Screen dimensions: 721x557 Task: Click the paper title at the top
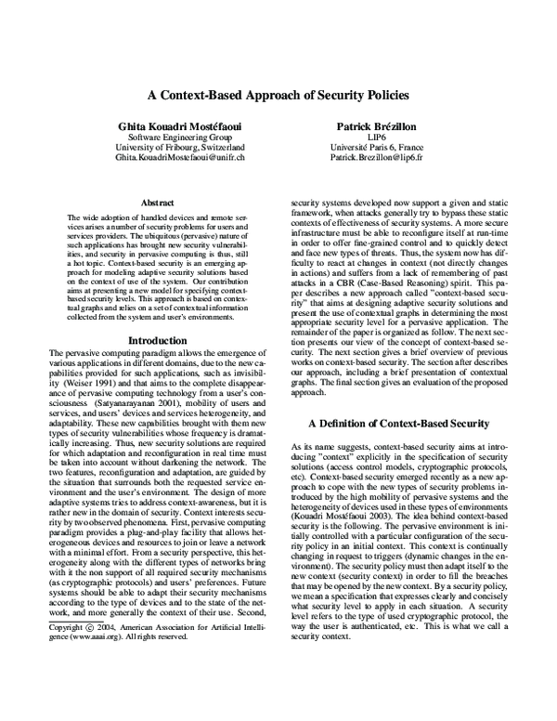[x=278, y=95]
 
